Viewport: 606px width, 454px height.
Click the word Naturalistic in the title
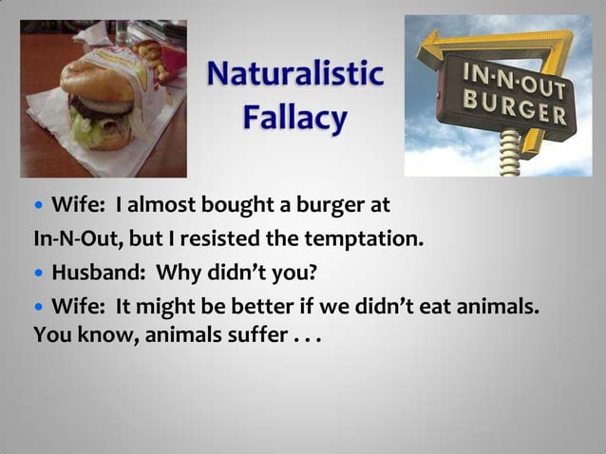(295, 74)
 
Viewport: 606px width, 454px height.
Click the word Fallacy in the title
(294, 120)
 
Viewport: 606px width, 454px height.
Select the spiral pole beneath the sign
(511, 153)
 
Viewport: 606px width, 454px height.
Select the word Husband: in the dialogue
(100, 274)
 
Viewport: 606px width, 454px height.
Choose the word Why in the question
(176, 274)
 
